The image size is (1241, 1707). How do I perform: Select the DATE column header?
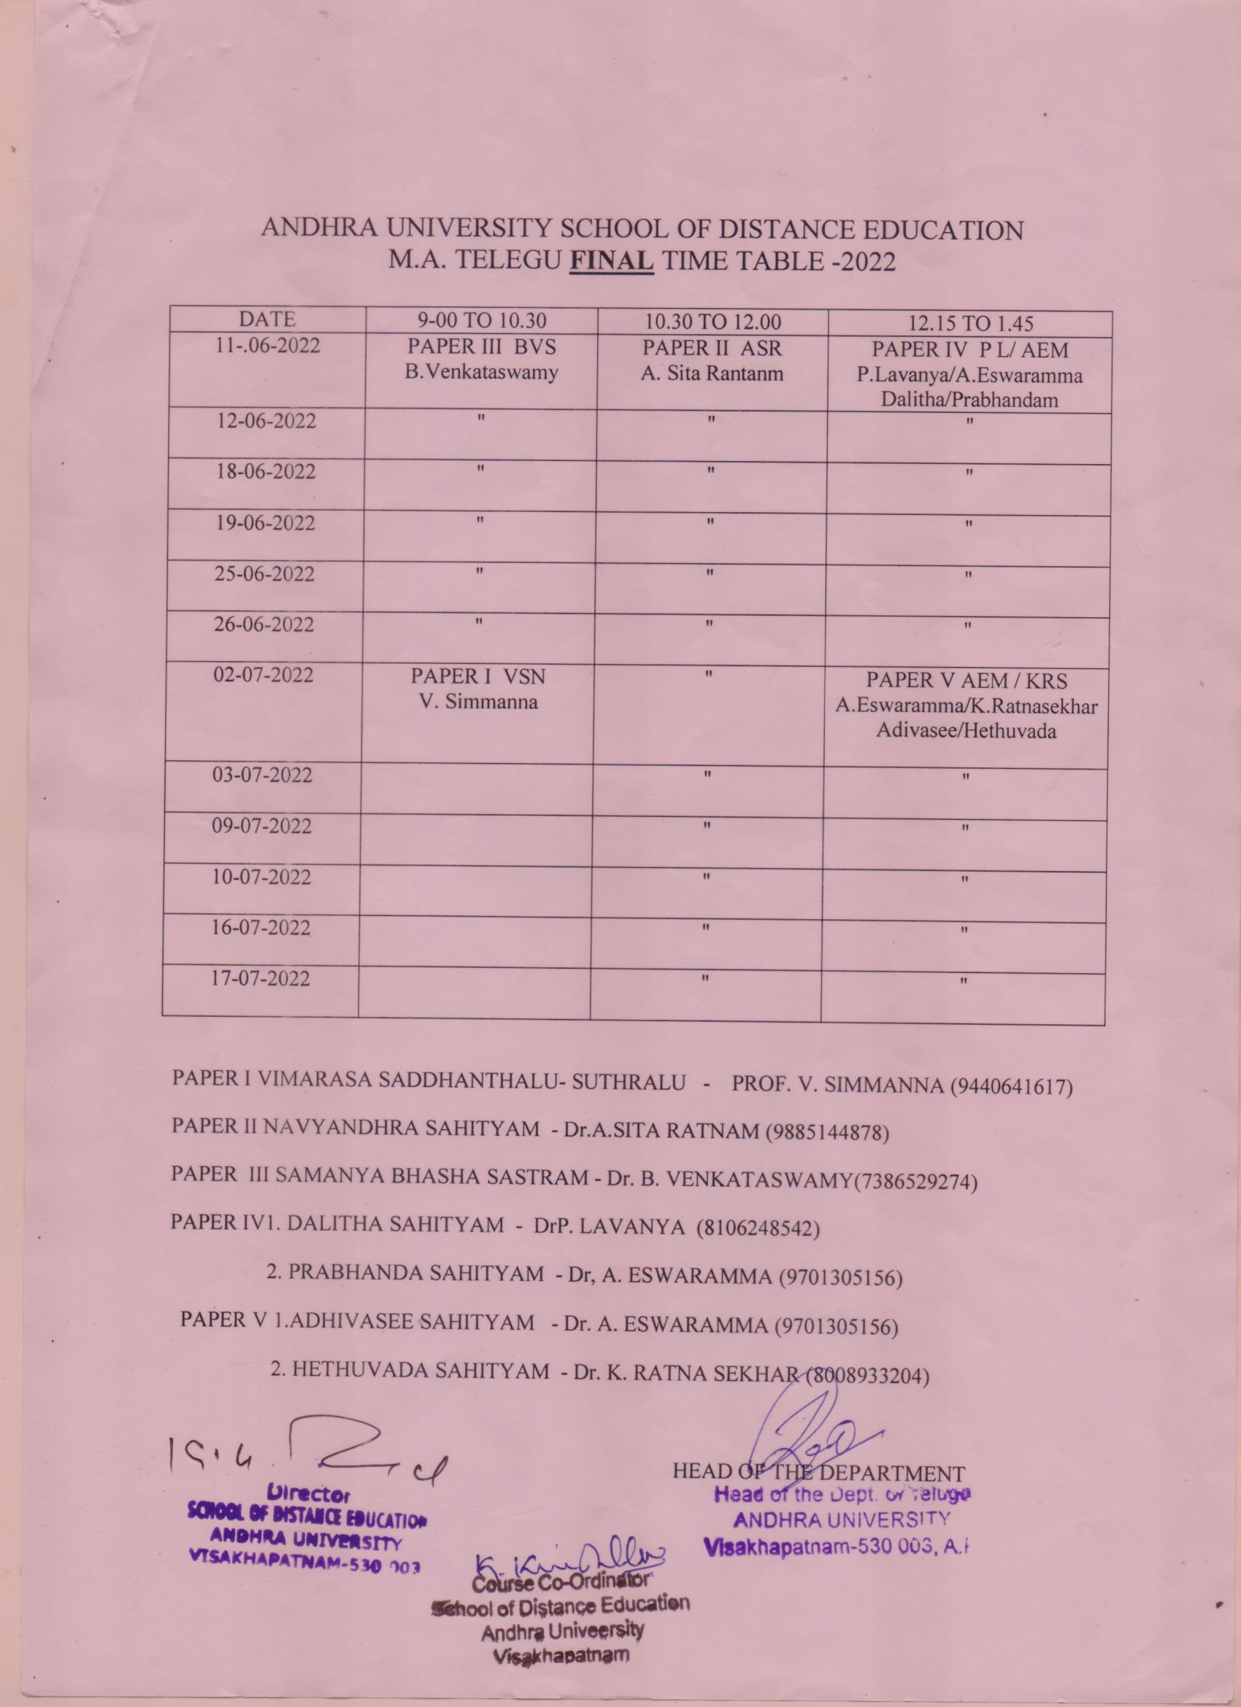pos(266,319)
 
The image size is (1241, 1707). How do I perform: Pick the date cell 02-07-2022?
pos(263,675)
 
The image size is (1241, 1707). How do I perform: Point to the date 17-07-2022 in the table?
pos(261,979)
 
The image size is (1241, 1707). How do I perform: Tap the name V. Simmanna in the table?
pos(478,703)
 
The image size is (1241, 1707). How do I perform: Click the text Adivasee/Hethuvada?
pos(965,731)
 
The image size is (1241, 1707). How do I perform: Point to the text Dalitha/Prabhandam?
pos(969,400)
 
